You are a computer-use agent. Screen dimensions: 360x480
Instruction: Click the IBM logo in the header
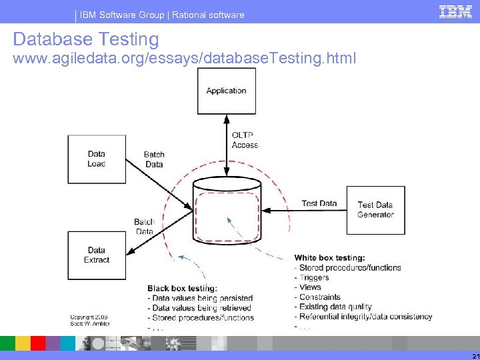[x=456, y=11]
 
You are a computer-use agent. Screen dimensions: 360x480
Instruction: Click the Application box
[x=226, y=91]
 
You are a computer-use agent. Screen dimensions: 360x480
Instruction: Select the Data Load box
[x=96, y=159]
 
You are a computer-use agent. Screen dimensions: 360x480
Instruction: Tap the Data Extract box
[x=96, y=255]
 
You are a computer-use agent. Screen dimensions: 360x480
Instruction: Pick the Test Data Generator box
[x=375, y=209]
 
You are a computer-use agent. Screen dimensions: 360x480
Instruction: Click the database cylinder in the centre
[x=227, y=213]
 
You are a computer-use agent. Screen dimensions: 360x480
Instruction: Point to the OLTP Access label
[x=245, y=140]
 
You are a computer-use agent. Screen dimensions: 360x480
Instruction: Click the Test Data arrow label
[x=319, y=203]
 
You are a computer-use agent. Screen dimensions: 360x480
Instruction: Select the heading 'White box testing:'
[x=329, y=258]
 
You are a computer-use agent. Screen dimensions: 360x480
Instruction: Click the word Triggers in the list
[x=314, y=277]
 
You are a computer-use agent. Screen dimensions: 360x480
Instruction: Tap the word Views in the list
[x=310, y=287]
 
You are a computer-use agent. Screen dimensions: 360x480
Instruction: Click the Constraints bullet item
[x=319, y=297]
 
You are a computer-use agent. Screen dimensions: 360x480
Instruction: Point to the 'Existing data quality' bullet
[x=335, y=307]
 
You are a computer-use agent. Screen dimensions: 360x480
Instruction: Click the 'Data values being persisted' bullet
[x=202, y=298]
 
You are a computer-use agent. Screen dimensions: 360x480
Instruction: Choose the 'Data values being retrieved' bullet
[x=201, y=308]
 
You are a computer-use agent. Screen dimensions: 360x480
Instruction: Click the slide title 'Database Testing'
[x=86, y=39]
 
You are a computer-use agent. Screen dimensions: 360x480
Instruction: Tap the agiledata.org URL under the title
[x=184, y=59]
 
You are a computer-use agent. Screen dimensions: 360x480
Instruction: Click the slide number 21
[x=473, y=355]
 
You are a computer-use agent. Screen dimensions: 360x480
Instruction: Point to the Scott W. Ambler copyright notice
[x=89, y=321]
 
